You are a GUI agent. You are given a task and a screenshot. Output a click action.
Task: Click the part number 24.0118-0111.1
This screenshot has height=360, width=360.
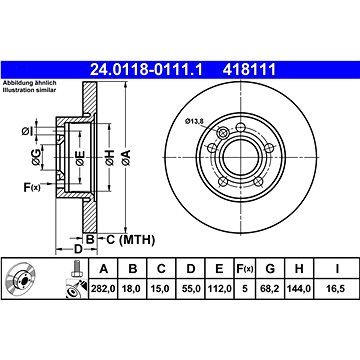click(146, 70)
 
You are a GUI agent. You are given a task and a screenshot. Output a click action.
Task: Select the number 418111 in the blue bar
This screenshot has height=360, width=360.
click(249, 70)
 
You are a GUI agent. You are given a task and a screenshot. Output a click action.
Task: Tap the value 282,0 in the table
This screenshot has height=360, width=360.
click(103, 289)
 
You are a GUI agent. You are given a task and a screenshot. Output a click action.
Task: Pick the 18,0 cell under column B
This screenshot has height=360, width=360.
click(133, 289)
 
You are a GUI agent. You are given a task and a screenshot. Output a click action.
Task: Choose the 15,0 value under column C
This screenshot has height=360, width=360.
click(161, 289)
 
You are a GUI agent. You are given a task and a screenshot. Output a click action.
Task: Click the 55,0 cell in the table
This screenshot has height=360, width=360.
click(191, 289)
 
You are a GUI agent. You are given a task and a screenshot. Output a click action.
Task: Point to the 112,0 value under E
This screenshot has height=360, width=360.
click(219, 289)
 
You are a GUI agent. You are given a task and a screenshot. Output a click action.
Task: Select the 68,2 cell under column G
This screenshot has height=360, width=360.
click(270, 289)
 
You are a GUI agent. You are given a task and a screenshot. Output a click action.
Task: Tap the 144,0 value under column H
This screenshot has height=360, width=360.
click(299, 289)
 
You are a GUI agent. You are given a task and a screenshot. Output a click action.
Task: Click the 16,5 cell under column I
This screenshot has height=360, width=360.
click(337, 289)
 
